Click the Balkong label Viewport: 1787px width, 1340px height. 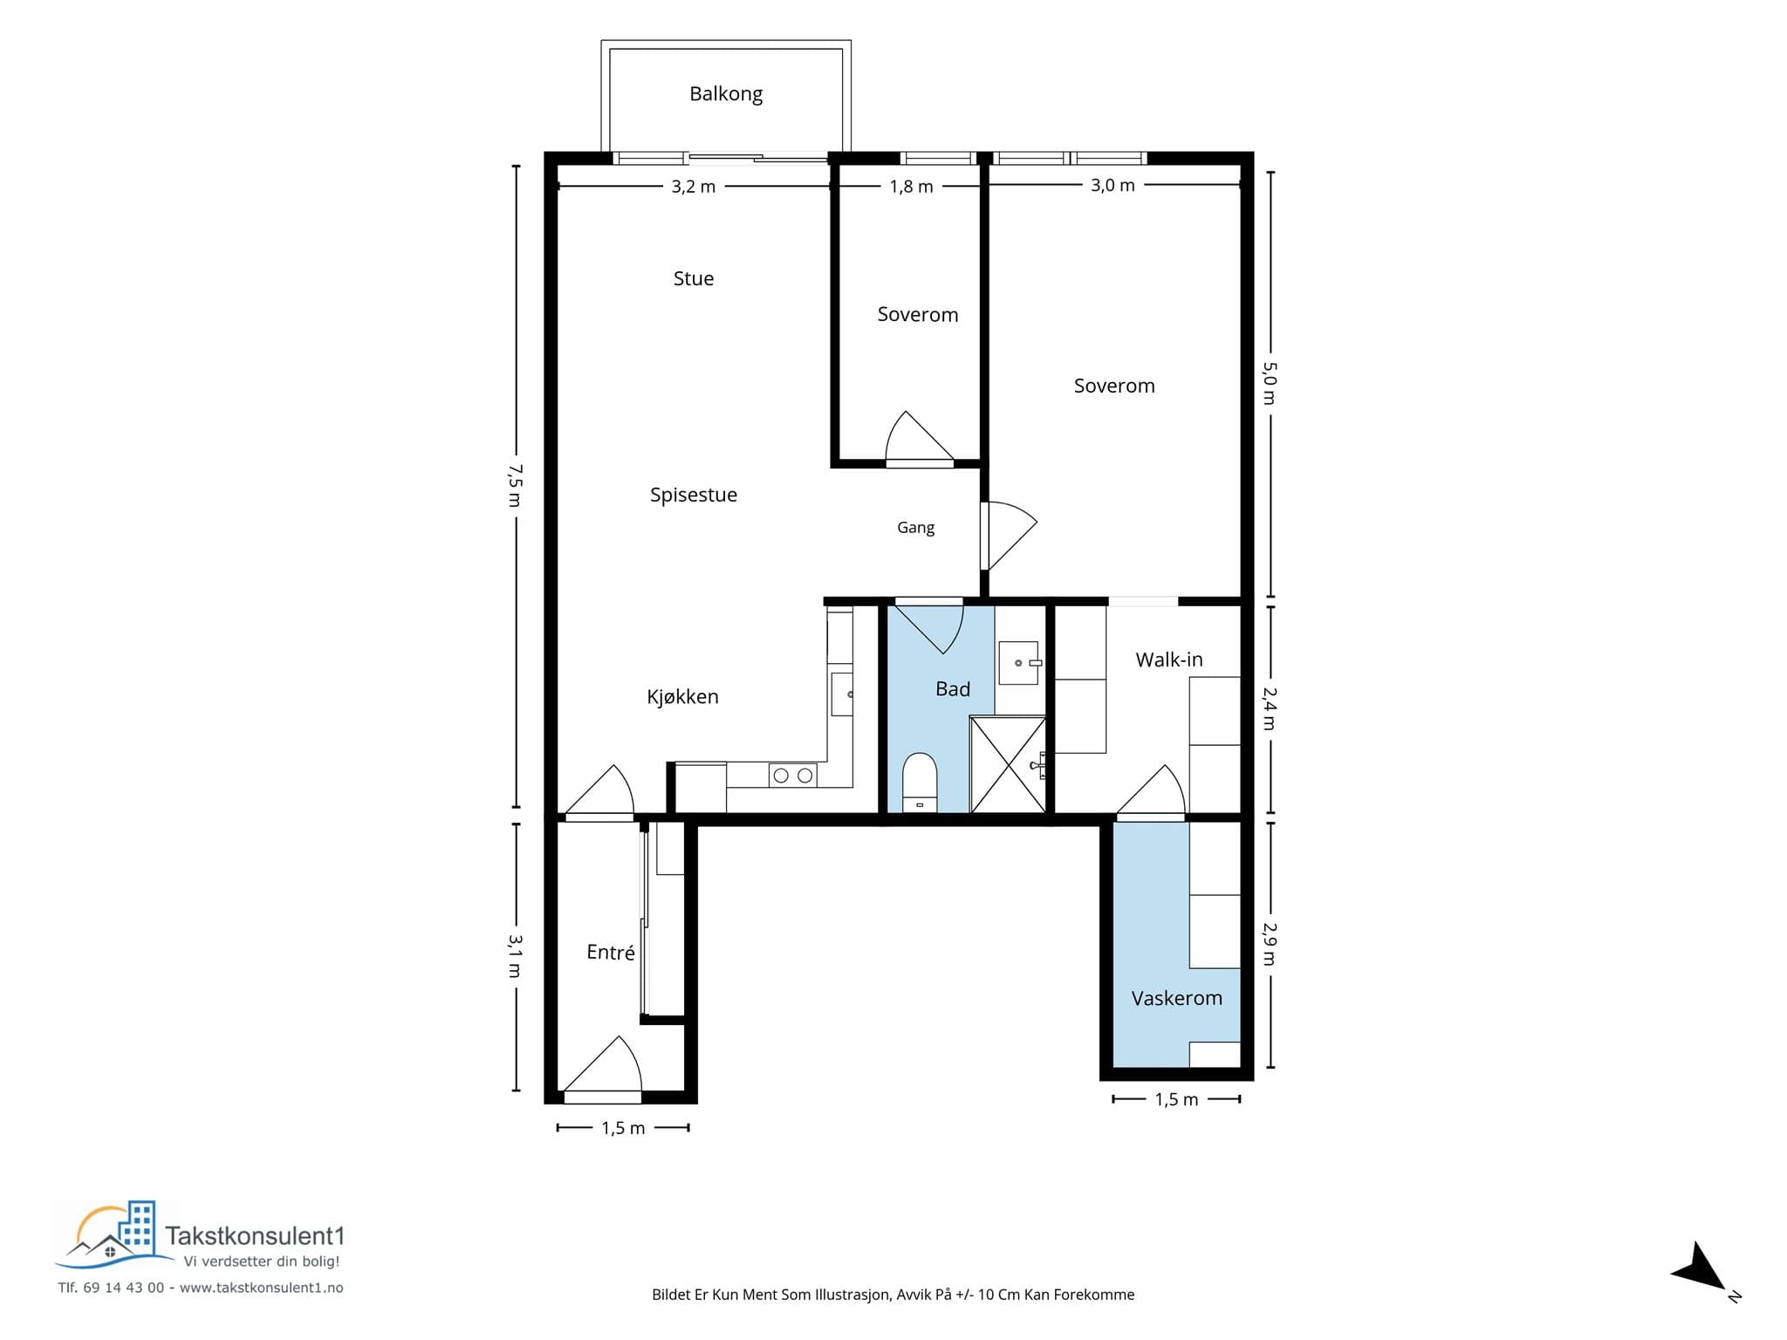click(726, 94)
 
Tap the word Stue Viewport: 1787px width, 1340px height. click(694, 278)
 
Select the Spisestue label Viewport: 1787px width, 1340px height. click(694, 495)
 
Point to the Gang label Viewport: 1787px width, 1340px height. click(916, 528)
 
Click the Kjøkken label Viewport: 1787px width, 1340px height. click(682, 696)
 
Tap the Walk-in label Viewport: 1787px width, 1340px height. click(1169, 660)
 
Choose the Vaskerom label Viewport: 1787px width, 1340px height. click(1177, 998)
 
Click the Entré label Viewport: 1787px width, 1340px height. click(611, 952)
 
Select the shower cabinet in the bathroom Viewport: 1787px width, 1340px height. click(1008, 764)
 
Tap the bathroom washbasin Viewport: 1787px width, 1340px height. click(1018, 663)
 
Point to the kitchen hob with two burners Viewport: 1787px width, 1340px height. click(792, 775)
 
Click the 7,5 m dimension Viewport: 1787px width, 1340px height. click(515, 486)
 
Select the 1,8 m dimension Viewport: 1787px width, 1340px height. click(912, 187)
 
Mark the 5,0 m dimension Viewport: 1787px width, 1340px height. click(1270, 384)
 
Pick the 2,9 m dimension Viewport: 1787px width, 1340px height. click(1270, 944)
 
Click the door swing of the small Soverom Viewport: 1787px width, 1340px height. click(920, 436)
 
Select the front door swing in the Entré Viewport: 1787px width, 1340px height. click(603, 1064)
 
